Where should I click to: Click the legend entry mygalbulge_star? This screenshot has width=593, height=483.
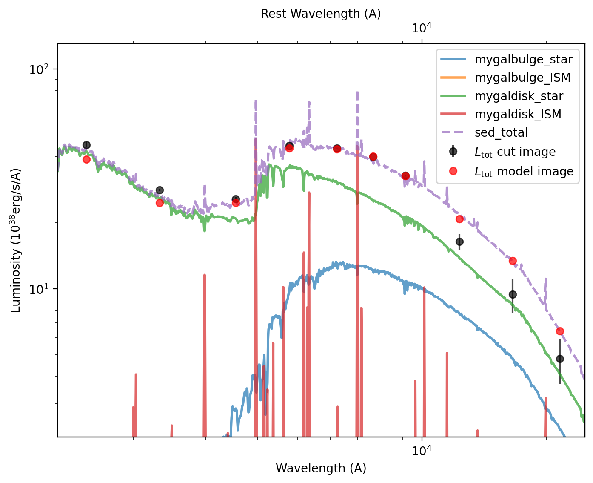pyautogui.click(x=523, y=59)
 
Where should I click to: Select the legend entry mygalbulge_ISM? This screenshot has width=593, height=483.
pyautogui.click(x=522, y=78)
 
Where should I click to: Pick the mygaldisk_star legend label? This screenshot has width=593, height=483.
pyautogui.click(x=519, y=96)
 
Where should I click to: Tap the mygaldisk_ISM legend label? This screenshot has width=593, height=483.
pyautogui.click(x=518, y=114)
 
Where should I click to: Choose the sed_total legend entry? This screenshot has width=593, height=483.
pyautogui.click(x=501, y=132)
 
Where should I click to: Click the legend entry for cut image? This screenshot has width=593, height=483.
pyautogui.click(x=515, y=152)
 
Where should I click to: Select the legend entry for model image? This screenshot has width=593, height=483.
pyautogui.click(x=524, y=171)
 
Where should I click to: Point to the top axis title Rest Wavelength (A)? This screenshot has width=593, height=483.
pyautogui.click(x=321, y=14)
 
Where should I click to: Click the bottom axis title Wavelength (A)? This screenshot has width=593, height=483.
pyautogui.click(x=321, y=468)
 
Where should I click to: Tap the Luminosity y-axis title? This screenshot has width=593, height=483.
pyautogui.click(x=16, y=241)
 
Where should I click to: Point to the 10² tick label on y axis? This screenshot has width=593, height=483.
pyautogui.click(x=40, y=69)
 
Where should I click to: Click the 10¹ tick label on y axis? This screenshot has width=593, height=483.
pyautogui.click(x=40, y=289)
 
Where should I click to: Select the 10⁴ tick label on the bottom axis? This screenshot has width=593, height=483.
pyautogui.click(x=422, y=451)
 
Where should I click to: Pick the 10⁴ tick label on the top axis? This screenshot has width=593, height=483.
pyautogui.click(x=422, y=28)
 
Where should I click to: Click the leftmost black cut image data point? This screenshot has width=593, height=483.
pyautogui.click(x=86, y=145)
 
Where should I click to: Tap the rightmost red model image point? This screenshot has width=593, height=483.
pyautogui.click(x=560, y=331)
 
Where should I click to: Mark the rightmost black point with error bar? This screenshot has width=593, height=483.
pyautogui.click(x=560, y=359)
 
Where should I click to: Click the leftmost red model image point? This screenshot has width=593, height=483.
pyautogui.click(x=86, y=159)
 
